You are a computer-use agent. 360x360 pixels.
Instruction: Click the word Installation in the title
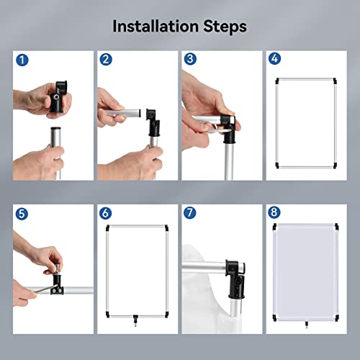(x=156, y=26)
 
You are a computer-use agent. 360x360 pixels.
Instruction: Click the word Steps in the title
(x=225, y=27)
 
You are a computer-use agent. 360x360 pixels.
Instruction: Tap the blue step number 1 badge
(x=22, y=60)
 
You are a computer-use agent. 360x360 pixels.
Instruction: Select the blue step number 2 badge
(x=106, y=60)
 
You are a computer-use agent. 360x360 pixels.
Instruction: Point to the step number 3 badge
(x=190, y=59)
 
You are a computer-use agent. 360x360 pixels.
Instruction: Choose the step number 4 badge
(x=274, y=58)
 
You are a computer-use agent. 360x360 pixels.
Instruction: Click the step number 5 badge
(x=22, y=214)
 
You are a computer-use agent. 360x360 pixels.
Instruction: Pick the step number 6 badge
(x=105, y=213)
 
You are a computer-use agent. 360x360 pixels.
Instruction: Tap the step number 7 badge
(x=189, y=212)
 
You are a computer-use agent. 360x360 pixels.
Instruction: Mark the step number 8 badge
(x=274, y=212)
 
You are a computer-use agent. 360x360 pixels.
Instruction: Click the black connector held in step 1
(x=58, y=97)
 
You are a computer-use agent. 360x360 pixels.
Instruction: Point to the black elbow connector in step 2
(x=153, y=122)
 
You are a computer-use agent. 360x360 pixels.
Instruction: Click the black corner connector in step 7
(x=235, y=279)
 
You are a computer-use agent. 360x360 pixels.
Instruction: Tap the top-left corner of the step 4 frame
(x=277, y=80)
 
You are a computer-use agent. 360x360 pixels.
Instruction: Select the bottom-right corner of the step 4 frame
(x=335, y=166)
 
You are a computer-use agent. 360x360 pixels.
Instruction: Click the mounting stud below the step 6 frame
(x=135, y=320)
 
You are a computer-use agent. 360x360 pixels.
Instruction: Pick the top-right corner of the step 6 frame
(x=166, y=228)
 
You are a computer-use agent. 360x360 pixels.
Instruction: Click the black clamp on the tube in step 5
(x=57, y=285)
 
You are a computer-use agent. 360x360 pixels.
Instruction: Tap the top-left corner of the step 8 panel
(x=275, y=226)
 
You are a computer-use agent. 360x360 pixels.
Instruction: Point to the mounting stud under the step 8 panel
(x=307, y=325)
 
